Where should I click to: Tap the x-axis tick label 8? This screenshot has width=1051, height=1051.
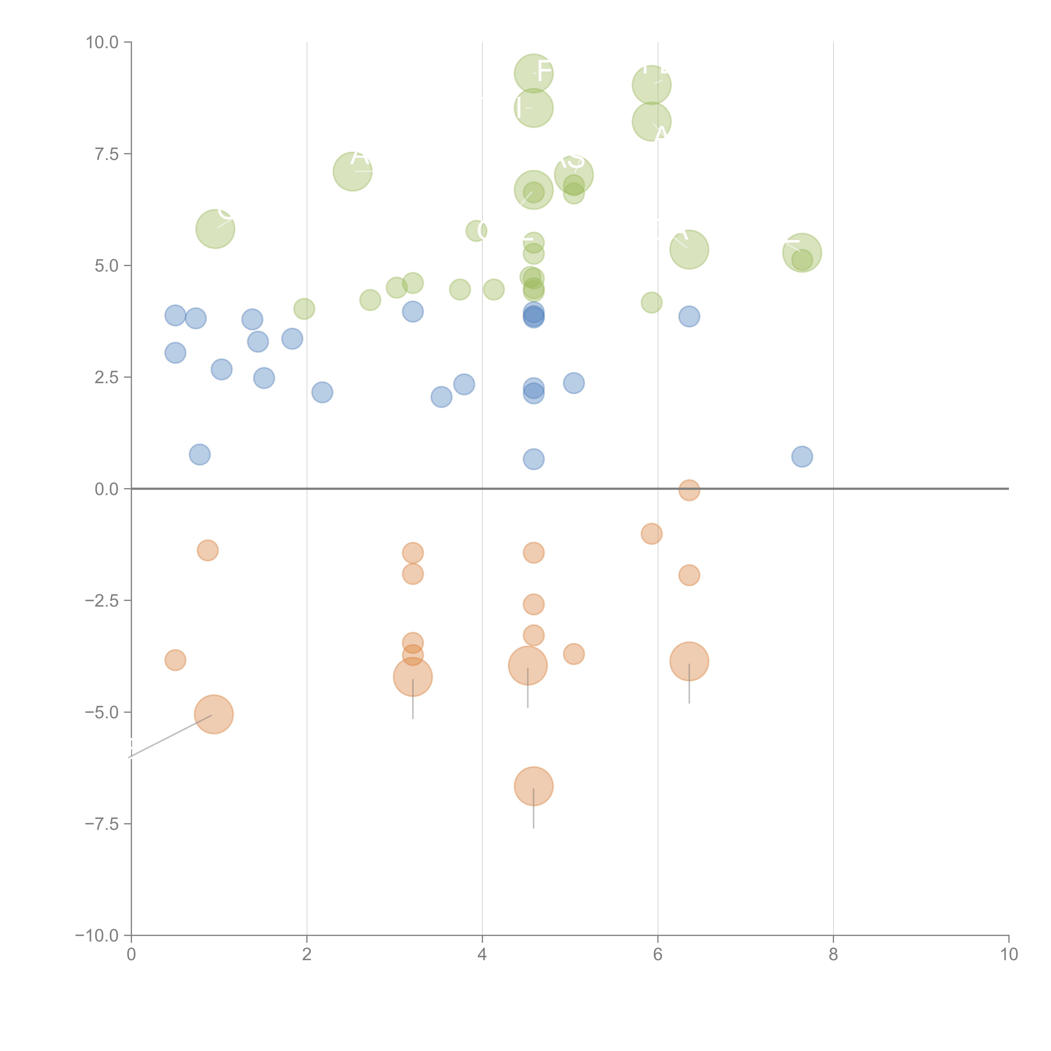(x=833, y=955)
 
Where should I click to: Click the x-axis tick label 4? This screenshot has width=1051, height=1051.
(x=482, y=955)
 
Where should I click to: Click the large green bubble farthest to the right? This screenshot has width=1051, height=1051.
(x=802, y=252)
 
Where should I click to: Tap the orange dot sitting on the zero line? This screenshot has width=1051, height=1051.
(x=689, y=490)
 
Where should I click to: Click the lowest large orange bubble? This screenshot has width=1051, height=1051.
(x=534, y=786)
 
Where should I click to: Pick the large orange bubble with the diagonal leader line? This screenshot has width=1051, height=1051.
(x=214, y=714)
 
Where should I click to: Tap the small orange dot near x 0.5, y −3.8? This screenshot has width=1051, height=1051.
(x=175, y=660)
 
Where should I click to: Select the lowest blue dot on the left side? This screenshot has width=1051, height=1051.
(x=200, y=454)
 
